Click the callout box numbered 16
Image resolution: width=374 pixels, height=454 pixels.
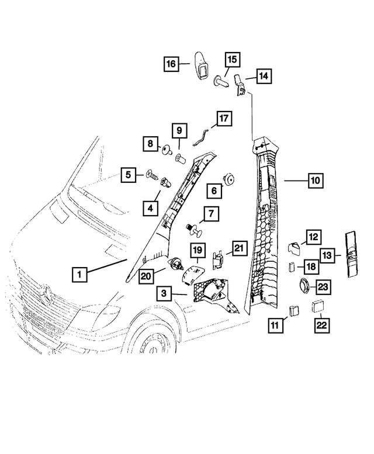(171, 64)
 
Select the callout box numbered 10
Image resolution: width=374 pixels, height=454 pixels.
(314, 181)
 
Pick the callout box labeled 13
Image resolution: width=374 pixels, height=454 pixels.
(328, 255)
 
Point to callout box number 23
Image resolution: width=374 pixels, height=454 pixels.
(324, 286)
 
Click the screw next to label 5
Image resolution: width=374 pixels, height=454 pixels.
(151, 174)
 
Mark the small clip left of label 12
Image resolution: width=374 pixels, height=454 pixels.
(295, 247)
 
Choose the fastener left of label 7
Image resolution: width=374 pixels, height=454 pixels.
(192, 226)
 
